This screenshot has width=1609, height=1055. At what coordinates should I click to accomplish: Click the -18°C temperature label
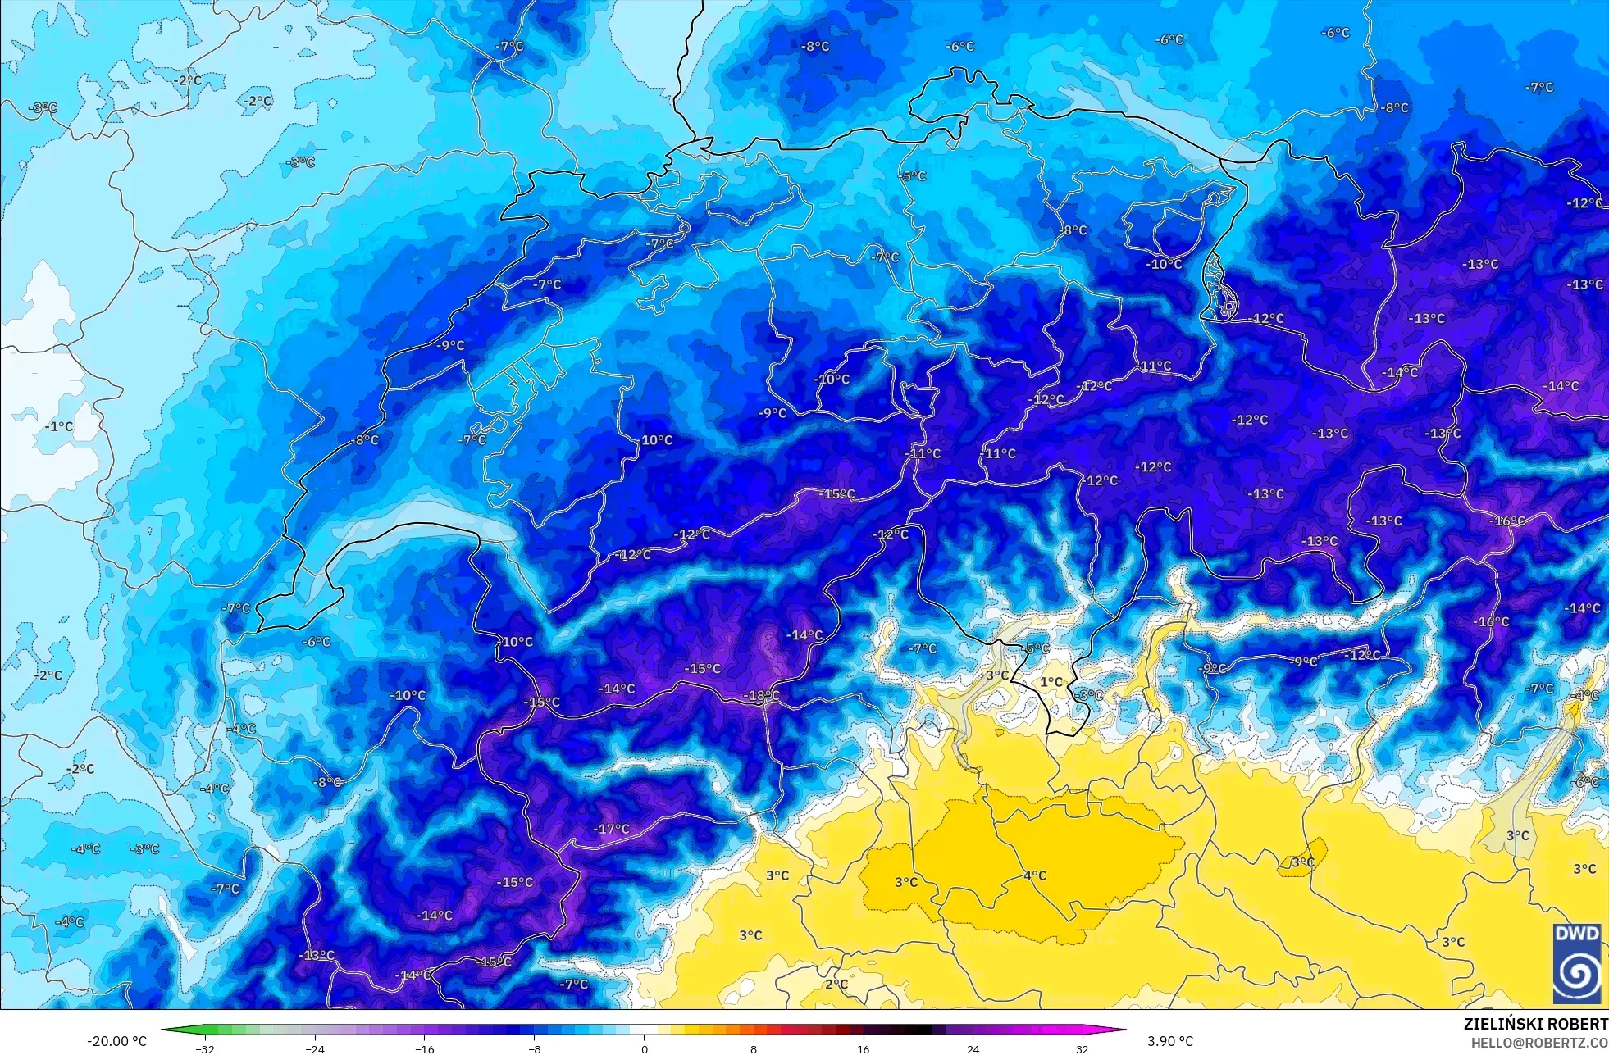coord(761,696)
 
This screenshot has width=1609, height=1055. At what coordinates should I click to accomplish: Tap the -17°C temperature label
coord(612,829)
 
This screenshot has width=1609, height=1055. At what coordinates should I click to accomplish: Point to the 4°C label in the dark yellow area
coord(1035,875)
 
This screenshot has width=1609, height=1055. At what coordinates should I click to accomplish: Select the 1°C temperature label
coord(1051,682)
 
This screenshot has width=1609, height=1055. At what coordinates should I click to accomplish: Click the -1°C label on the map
coord(59,426)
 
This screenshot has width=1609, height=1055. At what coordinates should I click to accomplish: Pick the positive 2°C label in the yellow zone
coord(836,984)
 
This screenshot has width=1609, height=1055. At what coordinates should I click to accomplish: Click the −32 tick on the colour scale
coord(205,1048)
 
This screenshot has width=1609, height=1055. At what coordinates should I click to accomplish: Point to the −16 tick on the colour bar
coord(424,1048)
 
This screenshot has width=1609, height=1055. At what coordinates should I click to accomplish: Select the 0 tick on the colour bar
coord(644,1048)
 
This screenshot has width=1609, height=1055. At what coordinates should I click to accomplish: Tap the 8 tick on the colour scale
coord(754,1048)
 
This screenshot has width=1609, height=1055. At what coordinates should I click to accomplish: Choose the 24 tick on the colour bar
coord(973,1048)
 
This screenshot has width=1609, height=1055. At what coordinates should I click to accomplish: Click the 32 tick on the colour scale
coord(1083,1048)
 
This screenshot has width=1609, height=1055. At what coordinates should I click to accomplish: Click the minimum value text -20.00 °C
coord(117,1041)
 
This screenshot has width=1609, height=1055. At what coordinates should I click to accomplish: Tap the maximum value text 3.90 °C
coord(1170,1041)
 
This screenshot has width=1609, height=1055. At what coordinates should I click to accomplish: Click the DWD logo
coord(1576,962)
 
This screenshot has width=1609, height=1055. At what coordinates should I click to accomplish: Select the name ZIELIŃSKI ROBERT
coord(1535,1024)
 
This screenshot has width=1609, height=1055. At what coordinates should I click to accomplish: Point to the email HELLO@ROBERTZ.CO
coord(1538,1042)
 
